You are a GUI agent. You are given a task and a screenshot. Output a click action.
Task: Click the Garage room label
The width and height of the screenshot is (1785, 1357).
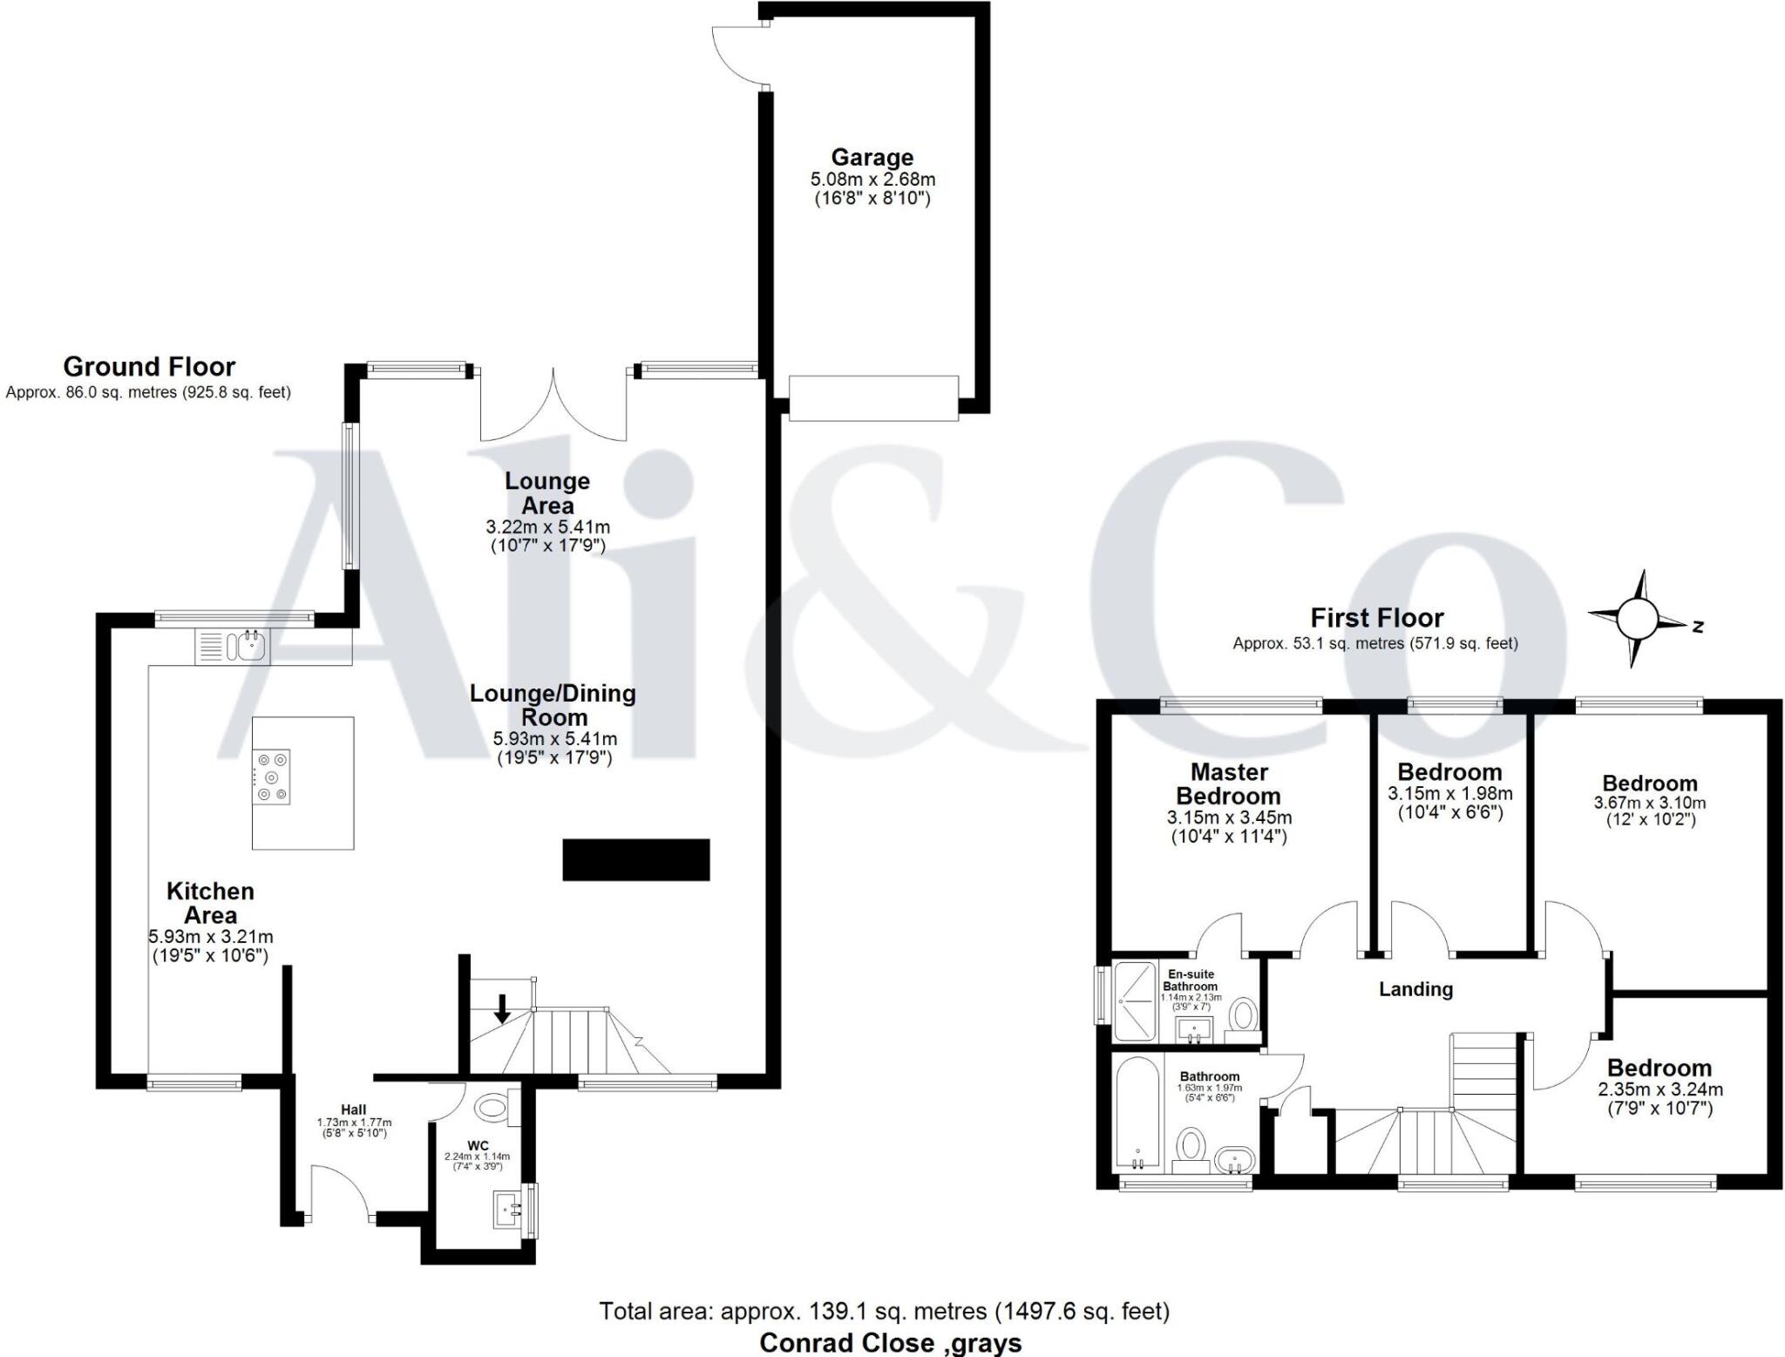tap(872, 158)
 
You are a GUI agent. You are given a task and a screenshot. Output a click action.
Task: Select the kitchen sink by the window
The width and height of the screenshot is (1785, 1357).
tap(246, 646)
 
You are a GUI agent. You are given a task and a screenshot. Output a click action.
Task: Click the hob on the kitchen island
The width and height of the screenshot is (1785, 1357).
tap(272, 777)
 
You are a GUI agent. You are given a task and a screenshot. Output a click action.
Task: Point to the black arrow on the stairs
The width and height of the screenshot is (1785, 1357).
tap(502, 1008)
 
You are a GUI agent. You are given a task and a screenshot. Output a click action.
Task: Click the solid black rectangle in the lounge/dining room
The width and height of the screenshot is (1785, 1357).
tap(635, 859)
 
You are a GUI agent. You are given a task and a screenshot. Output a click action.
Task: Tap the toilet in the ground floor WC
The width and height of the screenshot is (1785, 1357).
tap(492, 1108)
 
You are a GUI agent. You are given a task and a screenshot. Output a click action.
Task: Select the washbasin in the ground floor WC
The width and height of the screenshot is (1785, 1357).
tap(507, 1209)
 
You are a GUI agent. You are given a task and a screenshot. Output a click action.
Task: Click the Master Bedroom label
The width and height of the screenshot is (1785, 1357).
tap(1228, 784)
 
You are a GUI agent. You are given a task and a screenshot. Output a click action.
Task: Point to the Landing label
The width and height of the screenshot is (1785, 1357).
tap(1415, 989)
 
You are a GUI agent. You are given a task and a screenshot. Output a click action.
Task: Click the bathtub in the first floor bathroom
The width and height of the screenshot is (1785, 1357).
tap(1137, 1114)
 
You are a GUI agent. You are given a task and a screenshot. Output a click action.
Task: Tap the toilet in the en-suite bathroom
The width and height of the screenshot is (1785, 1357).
tap(1244, 1015)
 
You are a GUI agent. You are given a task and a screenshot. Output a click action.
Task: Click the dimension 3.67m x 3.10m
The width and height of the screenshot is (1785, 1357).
tap(1650, 803)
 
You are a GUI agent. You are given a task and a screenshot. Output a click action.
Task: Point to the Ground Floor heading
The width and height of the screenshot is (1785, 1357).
tap(149, 366)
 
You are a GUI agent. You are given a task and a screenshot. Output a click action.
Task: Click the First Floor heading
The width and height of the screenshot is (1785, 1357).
tap(1377, 618)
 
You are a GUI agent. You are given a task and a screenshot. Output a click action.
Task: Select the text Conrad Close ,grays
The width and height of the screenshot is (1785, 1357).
tap(890, 1343)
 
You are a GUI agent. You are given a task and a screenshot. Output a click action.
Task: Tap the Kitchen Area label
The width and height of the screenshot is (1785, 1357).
tap(210, 903)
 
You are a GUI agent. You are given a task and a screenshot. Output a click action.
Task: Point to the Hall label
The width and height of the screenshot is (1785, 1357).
tap(353, 1109)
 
